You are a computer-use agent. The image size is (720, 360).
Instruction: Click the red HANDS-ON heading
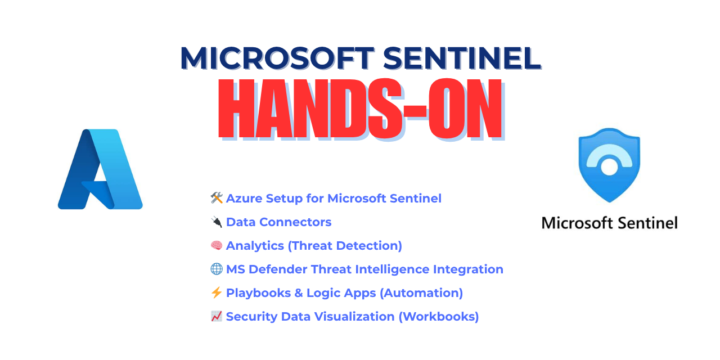tap(360, 110)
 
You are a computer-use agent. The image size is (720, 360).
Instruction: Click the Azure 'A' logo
tap(100, 169)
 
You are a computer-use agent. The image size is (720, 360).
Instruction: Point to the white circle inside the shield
tap(609, 166)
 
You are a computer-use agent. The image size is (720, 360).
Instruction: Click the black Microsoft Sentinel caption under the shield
tap(609, 223)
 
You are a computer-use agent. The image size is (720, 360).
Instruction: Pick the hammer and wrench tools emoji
tap(217, 198)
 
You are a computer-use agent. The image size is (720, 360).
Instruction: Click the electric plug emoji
tap(217, 222)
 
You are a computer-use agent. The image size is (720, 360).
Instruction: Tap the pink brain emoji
tap(217, 245)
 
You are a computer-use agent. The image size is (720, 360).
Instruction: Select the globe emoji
tap(217, 269)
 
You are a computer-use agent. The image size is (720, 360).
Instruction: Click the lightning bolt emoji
tap(217, 292)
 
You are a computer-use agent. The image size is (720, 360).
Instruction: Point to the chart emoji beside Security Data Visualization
tap(217, 316)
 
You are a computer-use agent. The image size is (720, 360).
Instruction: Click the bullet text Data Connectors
tap(278, 222)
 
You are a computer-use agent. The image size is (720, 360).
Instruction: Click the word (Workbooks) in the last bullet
tap(439, 317)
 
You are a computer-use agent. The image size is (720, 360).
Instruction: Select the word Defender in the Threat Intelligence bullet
tap(274, 269)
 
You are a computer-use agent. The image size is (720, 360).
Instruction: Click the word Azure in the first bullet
tap(244, 199)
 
